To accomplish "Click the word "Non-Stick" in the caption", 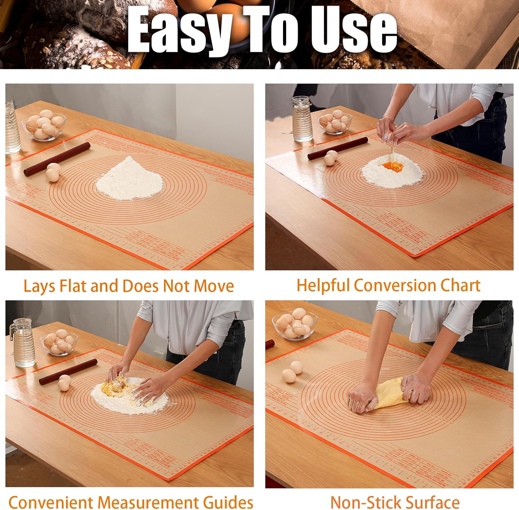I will pyautogui.click(x=366, y=502).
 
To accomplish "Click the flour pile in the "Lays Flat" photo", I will pyautogui.click(x=129, y=180).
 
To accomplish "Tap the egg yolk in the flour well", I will pyautogui.click(x=393, y=167).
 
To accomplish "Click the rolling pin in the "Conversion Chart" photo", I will pyautogui.click(x=337, y=148).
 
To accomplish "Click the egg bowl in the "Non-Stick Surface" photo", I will pyautogui.click(x=295, y=325).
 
